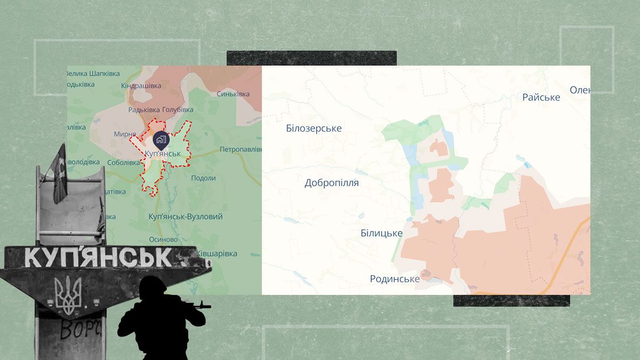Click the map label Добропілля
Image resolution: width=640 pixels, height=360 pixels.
pyautogui.click(x=331, y=183)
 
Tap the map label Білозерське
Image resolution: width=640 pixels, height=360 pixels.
pyautogui.click(x=314, y=129)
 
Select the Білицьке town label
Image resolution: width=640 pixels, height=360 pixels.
pyautogui.click(x=381, y=233)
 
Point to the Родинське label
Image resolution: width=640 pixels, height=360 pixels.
pyautogui.click(x=395, y=278)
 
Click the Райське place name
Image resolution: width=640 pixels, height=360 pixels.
pyautogui.click(x=541, y=97)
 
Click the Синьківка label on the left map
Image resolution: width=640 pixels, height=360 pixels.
pyautogui.click(x=233, y=94)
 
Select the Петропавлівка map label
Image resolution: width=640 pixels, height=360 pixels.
pyautogui.click(x=241, y=149)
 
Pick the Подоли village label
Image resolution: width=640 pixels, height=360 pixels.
pyautogui.click(x=203, y=178)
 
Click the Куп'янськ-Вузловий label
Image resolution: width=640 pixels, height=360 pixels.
pyautogui.click(x=186, y=217)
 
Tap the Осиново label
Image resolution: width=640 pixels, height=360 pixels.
pyautogui.click(x=163, y=239)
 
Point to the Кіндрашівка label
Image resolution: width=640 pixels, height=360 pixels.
pyautogui.click(x=141, y=85)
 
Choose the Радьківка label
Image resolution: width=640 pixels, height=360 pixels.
pyautogui.click(x=143, y=110)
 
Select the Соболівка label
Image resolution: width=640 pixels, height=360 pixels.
pyautogui.click(x=123, y=163)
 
